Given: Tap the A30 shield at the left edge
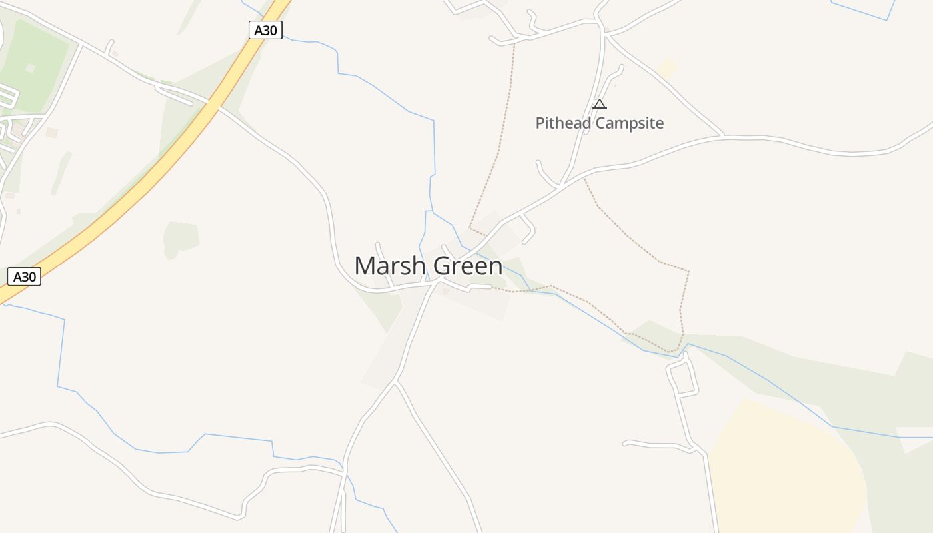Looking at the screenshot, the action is (x=25, y=276).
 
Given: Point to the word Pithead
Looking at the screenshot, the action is (x=564, y=123).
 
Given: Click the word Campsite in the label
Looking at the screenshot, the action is (x=630, y=123).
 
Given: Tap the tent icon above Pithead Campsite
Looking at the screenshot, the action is (x=600, y=104).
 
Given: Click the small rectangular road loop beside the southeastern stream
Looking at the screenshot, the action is (x=682, y=380).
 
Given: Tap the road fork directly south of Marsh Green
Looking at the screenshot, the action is (x=397, y=381).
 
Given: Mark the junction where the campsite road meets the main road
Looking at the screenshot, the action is (x=562, y=185).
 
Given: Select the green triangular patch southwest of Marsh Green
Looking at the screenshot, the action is (x=384, y=306).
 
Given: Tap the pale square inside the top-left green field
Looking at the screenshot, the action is (x=30, y=68).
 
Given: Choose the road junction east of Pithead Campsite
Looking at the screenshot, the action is (x=724, y=136).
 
